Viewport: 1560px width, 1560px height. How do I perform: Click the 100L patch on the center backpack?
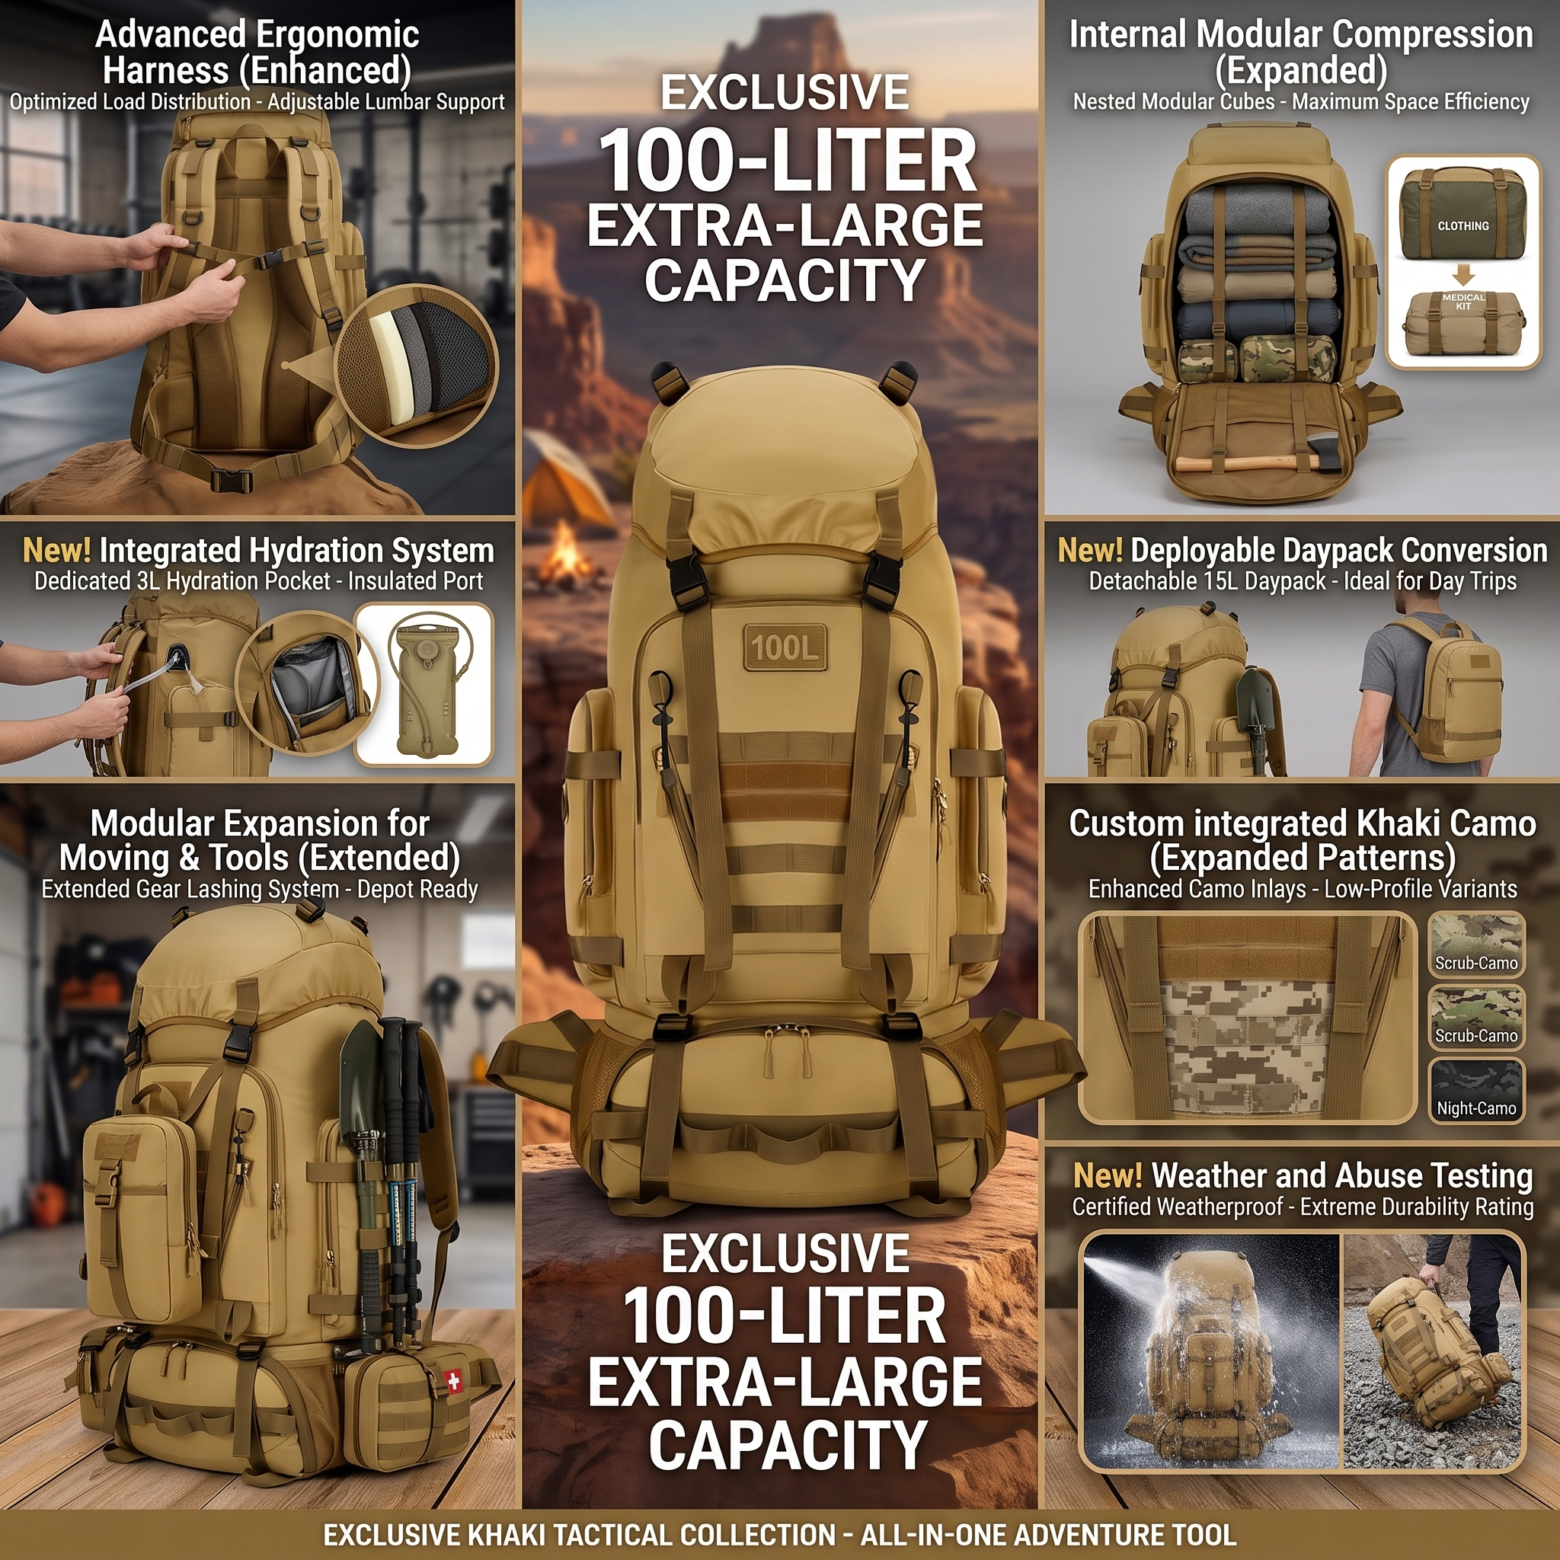click(x=784, y=647)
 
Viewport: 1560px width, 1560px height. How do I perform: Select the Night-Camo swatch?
click(x=1476, y=1091)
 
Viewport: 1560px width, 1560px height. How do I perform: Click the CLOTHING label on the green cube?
click(x=1463, y=226)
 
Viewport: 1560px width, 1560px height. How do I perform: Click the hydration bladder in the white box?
click(x=424, y=683)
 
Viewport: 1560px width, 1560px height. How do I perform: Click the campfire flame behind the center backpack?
click(x=564, y=548)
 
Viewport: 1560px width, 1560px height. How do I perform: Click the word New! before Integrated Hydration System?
click(x=56, y=551)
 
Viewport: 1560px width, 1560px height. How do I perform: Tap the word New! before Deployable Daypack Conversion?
click(x=1090, y=551)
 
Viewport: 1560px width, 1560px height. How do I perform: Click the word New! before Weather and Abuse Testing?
click(x=1107, y=1176)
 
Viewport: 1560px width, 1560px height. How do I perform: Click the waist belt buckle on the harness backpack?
click(x=232, y=481)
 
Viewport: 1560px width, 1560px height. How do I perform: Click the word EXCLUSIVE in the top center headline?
click(x=785, y=93)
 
